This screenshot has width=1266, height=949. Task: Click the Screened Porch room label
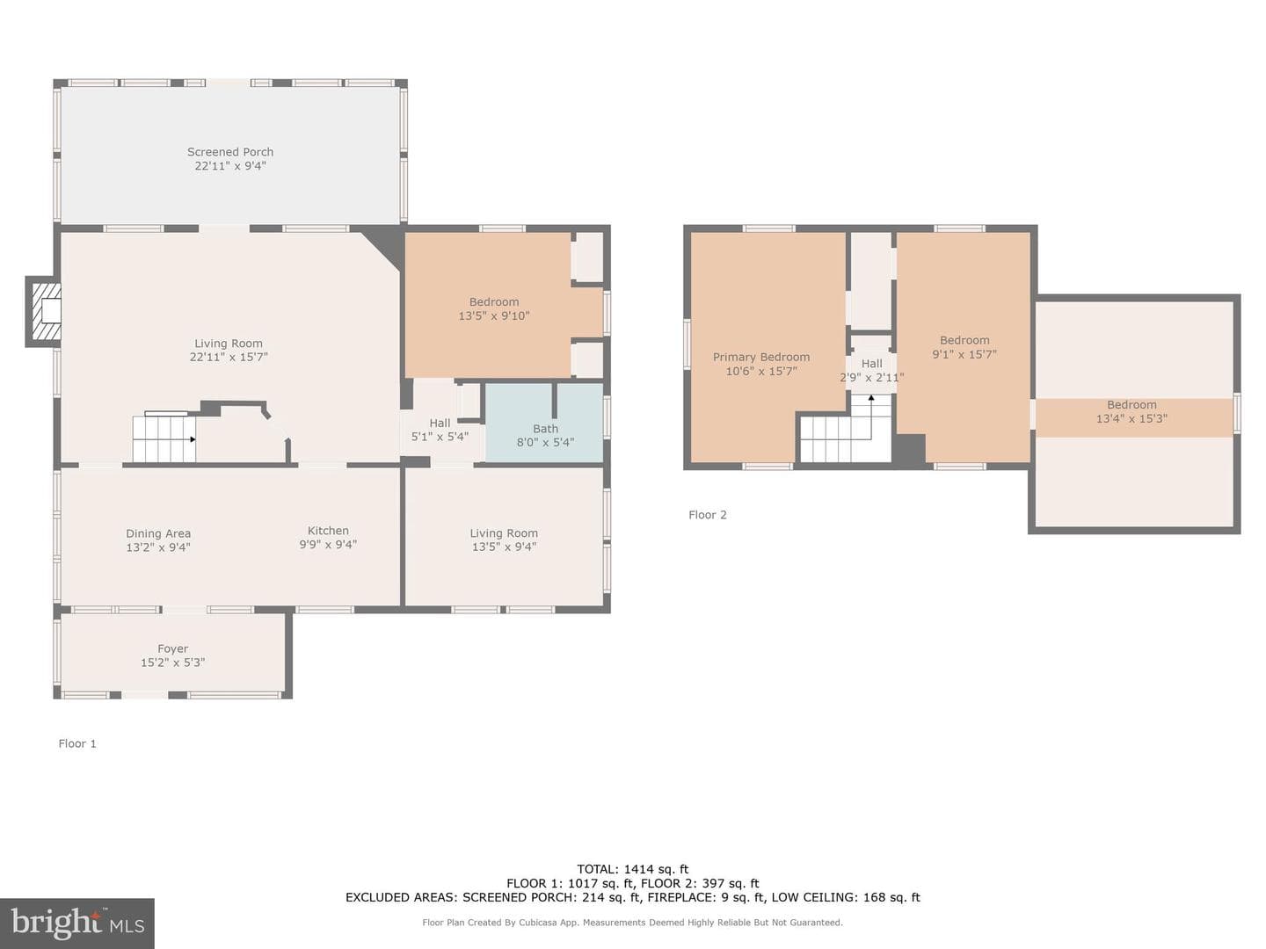click(x=230, y=152)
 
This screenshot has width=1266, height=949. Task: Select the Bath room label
click(x=545, y=429)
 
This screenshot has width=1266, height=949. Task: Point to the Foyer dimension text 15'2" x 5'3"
click(x=173, y=663)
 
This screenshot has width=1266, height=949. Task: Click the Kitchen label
click(x=328, y=531)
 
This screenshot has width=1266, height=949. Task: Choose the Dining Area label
click(x=158, y=533)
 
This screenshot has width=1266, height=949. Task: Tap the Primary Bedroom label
click(x=761, y=358)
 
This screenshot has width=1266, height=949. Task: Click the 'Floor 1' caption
click(x=77, y=744)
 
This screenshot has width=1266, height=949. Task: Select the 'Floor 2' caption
click(x=708, y=515)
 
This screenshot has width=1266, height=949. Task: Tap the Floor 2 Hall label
click(x=871, y=364)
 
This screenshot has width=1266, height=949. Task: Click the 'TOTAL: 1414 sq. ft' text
click(x=633, y=870)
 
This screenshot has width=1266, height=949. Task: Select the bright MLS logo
click(x=77, y=923)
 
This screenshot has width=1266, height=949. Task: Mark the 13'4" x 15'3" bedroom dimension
click(x=1131, y=419)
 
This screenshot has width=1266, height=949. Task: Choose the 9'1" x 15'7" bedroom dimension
click(x=964, y=354)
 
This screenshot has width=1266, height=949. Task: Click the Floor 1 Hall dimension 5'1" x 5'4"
click(x=440, y=438)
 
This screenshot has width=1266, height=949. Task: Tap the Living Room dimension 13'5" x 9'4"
click(x=504, y=547)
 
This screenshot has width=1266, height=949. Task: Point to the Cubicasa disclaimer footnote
click(x=632, y=923)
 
